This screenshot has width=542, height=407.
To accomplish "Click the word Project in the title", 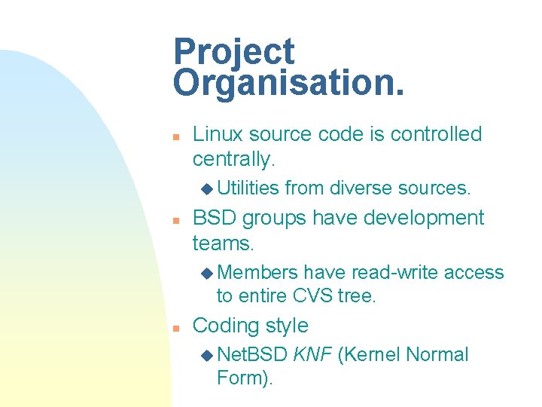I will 233,53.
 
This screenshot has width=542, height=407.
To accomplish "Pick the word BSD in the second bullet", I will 212,218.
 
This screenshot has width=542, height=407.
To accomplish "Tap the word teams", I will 224,243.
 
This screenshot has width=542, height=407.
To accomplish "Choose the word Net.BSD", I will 252,354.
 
